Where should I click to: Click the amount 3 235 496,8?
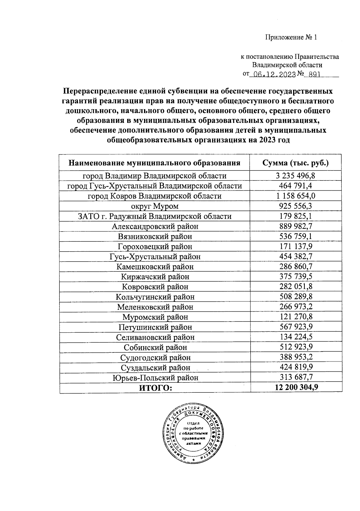[296, 176]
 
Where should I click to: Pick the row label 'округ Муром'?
[154, 206]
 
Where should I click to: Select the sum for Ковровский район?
[296, 287]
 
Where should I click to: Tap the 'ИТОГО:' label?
[155, 388]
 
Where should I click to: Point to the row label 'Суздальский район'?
[155, 367]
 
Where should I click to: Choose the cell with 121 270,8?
[296, 317]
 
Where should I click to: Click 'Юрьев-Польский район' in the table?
[155, 378]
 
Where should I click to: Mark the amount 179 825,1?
[296, 216]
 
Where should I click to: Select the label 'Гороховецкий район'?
[155, 246]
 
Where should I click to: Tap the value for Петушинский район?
[296, 327]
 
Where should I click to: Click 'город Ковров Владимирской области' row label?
[154, 196]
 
